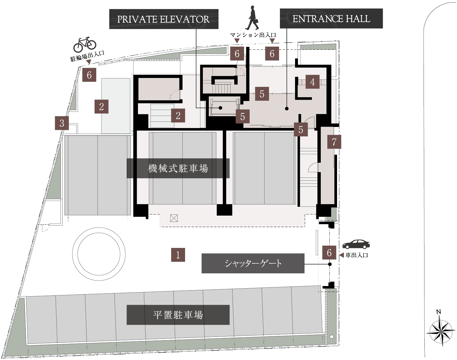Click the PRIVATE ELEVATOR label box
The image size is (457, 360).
tap(164, 19)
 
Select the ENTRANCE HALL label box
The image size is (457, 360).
tap(331, 19)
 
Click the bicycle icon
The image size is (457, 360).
tap(85, 45)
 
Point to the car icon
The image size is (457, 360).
tap(356, 244)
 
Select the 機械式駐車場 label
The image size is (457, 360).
tap(178, 168)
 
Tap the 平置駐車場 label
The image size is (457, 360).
tap(178, 315)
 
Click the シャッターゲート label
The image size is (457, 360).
tap(253, 263)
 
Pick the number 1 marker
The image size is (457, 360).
tap(178, 255)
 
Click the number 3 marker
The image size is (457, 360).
tap(62, 123)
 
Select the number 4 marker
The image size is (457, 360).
tap(312, 82)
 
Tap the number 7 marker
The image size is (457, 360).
tap(334, 142)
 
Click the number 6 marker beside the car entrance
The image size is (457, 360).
tap(329, 252)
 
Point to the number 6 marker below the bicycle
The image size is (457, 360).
tap(89, 75)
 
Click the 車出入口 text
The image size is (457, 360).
tap(356, 255)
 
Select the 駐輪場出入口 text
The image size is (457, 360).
tap(87, 56)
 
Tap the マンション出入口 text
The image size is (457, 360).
tap(253, 35)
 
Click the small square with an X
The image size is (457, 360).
tap(174, 218)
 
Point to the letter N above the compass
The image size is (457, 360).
tap(438, 312)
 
